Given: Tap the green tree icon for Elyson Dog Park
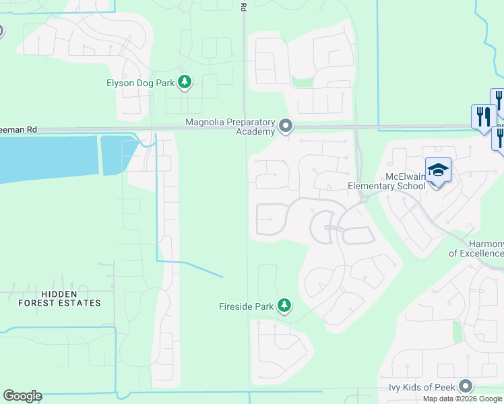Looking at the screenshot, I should click(185, 83).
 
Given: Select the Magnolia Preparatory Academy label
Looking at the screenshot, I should click(231, 127).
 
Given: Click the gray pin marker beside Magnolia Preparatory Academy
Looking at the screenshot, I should click(286, 126).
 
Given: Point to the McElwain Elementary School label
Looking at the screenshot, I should click(385, 181).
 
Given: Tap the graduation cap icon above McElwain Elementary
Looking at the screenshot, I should click(438, 170).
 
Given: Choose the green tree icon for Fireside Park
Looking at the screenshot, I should click(284, 306).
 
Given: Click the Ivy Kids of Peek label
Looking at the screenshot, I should click(422, 387).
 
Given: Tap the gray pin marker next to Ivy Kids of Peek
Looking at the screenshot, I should click(465, 386).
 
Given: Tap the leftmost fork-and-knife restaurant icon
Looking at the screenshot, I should click(482, 117).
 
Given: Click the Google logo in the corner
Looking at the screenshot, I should click(22, 396).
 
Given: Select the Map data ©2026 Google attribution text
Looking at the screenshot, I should click(462, 399).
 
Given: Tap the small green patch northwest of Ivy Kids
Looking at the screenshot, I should click(458, 332).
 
